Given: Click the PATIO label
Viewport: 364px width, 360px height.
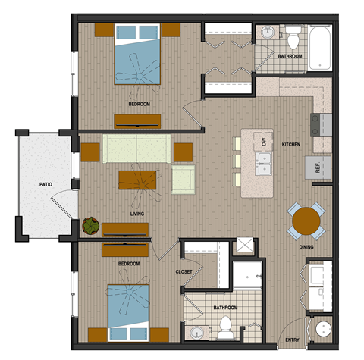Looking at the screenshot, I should pyautogui.click(x=45, y=184).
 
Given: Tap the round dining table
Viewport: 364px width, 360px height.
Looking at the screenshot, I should pyautogui.click(x=306, y=221).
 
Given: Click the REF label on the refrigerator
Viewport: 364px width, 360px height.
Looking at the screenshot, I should pyautogui.click(x=318, y=168).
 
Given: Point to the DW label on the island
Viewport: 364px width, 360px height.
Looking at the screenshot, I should pyautogui.click(x=264, y=142).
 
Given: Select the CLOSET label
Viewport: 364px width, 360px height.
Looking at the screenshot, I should pyautogui.click(x=184, y=271).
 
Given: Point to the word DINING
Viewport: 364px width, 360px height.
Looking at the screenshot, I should pyautogui.click(x=307, y=246).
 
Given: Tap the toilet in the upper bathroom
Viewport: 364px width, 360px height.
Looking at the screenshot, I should pyautogui.click(x=293, y=35).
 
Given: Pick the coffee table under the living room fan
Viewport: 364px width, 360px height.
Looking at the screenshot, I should pyautogui.click(x=137, y=180).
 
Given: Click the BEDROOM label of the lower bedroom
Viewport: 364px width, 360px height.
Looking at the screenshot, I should pyautogui.click(x=128, y=264).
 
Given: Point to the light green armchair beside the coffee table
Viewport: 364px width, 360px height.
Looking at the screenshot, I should pyautogui.click(x=184, y=180).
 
